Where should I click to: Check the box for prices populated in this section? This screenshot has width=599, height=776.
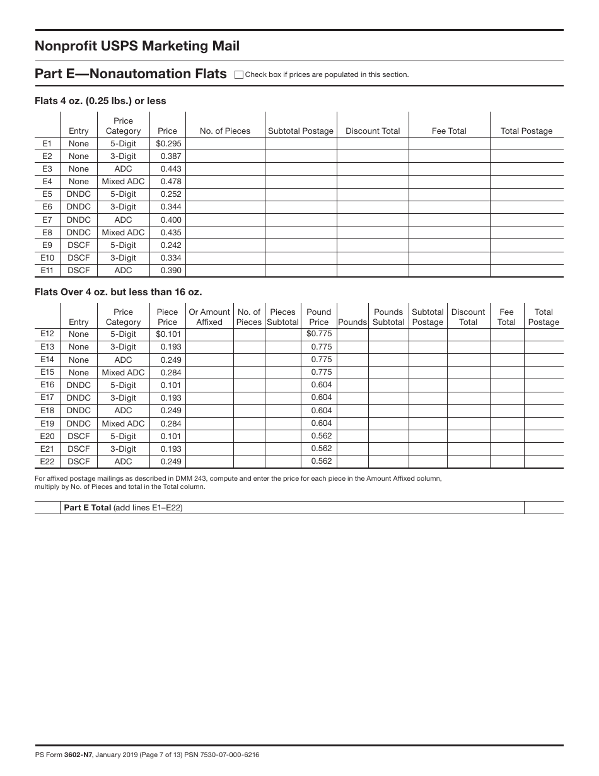(x=239, y=74)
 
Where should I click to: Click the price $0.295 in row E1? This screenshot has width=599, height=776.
(x=168, y=144)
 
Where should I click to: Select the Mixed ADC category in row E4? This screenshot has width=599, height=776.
(x=123, y=182)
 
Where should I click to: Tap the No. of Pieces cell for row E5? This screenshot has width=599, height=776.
(x=225, y=194)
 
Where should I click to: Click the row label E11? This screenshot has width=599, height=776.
(x=47, y=271)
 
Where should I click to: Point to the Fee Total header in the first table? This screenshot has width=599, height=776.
(x=449, y=131)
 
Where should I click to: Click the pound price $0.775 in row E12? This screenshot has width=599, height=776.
(x=319, y=334)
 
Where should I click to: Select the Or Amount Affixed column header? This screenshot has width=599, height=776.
(x=209, y=317)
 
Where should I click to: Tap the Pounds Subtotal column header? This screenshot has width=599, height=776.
(x=388, y=317)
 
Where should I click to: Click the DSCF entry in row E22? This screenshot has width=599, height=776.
(x=79, y=462)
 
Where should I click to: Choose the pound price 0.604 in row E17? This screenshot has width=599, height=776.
(x=321, y=397)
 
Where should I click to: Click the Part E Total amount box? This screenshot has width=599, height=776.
(x=544, y=507)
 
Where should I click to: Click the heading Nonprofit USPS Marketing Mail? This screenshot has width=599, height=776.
(x=137, y=46)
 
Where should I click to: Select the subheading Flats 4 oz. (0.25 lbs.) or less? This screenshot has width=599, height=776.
(x=100, y=101)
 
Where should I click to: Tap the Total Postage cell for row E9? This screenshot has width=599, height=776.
(x=526, y=245)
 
